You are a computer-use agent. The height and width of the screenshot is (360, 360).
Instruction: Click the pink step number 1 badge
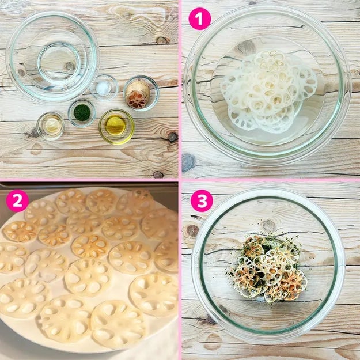pyautogui.click(x=199, y=18)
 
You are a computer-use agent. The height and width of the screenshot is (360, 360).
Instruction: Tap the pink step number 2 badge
pyautogui.click(x=17, y=200)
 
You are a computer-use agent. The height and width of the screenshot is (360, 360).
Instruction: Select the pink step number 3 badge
pyautogui.click(x=202, y=200)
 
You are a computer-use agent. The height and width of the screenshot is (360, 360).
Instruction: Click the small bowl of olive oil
pyautogui.click(x=116, y=127)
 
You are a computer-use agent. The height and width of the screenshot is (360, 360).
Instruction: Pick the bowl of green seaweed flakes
pyautogui.click(x=82, y=113)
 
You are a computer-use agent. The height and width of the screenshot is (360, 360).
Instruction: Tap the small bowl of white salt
pyautogui.click(x=104, y=88)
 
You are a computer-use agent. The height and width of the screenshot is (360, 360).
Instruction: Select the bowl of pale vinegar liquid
pyautogui.click(x=51, y=126)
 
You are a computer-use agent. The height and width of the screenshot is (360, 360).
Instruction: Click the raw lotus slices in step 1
pyautogui.click(x=268, y=92)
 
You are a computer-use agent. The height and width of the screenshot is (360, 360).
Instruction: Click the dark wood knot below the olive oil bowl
pyautogui.click(x=172, y=137)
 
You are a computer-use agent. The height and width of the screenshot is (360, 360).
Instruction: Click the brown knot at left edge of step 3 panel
pyautogui.click(x=192, y=230)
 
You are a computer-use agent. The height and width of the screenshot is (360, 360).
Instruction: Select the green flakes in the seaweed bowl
pyautogui.click(x=82, y=112)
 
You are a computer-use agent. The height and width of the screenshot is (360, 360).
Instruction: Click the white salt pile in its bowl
pyautogui.click(x=104, y=88)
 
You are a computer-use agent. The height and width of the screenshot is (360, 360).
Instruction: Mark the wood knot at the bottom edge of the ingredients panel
pyautogui.click(x=158, y=175)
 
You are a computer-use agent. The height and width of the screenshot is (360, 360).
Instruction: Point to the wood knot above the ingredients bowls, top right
pyautogui.click(x=162, y=40)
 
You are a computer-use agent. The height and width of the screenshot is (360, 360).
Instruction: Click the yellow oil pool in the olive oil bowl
pyautogui.click(x=115, y=126)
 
